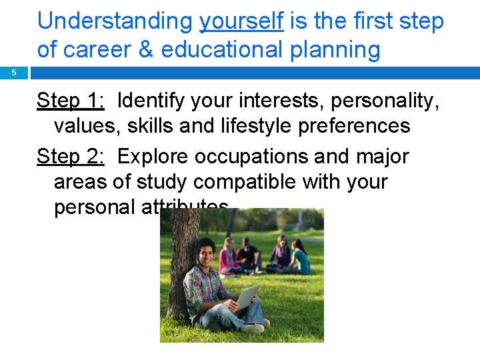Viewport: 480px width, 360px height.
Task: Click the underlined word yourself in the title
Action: [x=242, y=21]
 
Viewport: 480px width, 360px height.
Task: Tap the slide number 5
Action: [x=13, y=73]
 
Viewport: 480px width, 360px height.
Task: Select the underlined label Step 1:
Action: [x=71, y=101]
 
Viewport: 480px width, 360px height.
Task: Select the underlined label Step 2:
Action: [x=71, y=157]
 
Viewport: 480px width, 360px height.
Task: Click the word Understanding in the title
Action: [x=114, y=21]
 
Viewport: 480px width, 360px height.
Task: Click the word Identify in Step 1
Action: [x=153, y=101]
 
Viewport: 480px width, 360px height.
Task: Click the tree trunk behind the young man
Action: [x=181, y=267]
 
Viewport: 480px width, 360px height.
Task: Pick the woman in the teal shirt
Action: [x=300, y=259]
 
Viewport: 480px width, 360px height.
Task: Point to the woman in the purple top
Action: [x=279, y=256]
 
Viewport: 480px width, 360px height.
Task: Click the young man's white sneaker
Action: [x=253, y=327]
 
